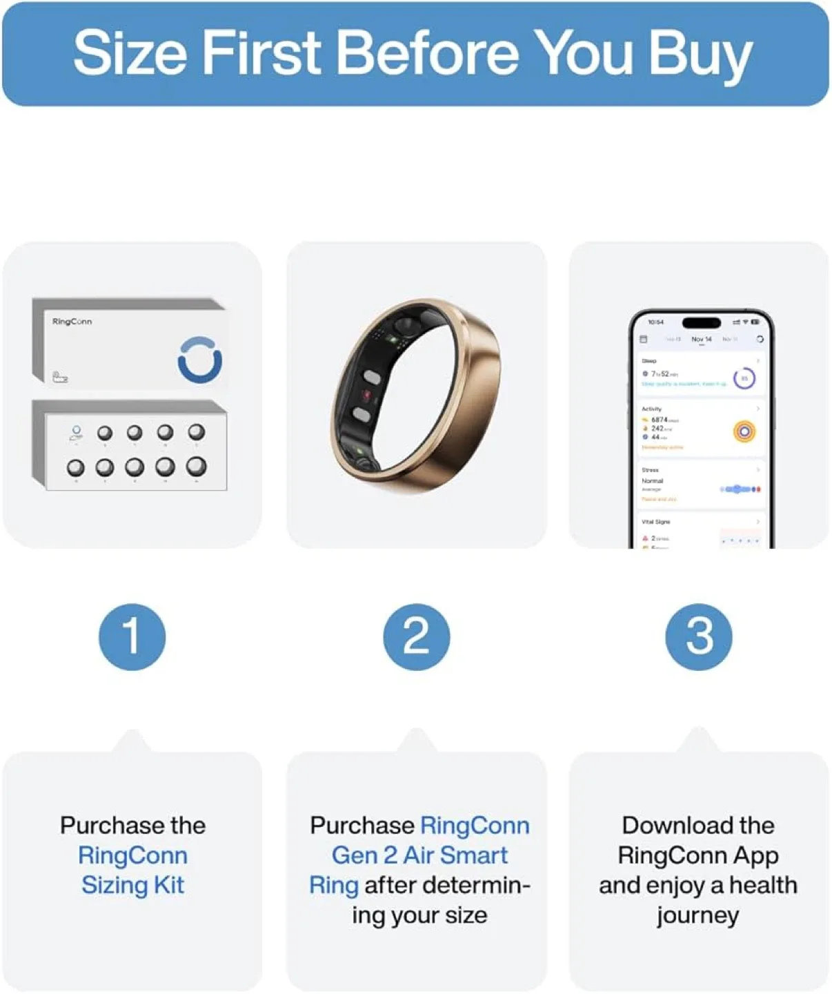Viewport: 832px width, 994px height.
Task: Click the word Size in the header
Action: [x=128, y=53]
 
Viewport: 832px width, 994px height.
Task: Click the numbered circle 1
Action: [x=132, y=636]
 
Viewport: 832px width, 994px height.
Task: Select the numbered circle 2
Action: [x=416, y=636]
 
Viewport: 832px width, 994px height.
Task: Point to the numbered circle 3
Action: [x=698, y=636]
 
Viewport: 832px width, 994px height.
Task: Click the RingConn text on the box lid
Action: [x=72, y=322]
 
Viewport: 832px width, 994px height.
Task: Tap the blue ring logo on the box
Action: [x=199, y=360]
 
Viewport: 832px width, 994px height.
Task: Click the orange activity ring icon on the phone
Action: [x=744, y=432]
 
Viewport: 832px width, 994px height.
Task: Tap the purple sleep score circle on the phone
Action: [x=744, y=378]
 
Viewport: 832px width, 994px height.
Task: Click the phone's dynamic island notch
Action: [x=701, y=322]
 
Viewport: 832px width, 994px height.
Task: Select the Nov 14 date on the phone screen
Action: [x=701, y=339]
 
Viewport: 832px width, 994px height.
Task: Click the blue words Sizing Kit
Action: [x=132, y=885]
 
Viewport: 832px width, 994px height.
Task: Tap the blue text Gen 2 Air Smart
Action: [x=419, y=855]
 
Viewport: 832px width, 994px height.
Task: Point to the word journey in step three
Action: [x=697, y=915]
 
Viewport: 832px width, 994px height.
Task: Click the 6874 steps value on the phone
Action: [x=660, y=420]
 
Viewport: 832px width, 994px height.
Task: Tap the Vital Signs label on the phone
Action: [x=655, y=522]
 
